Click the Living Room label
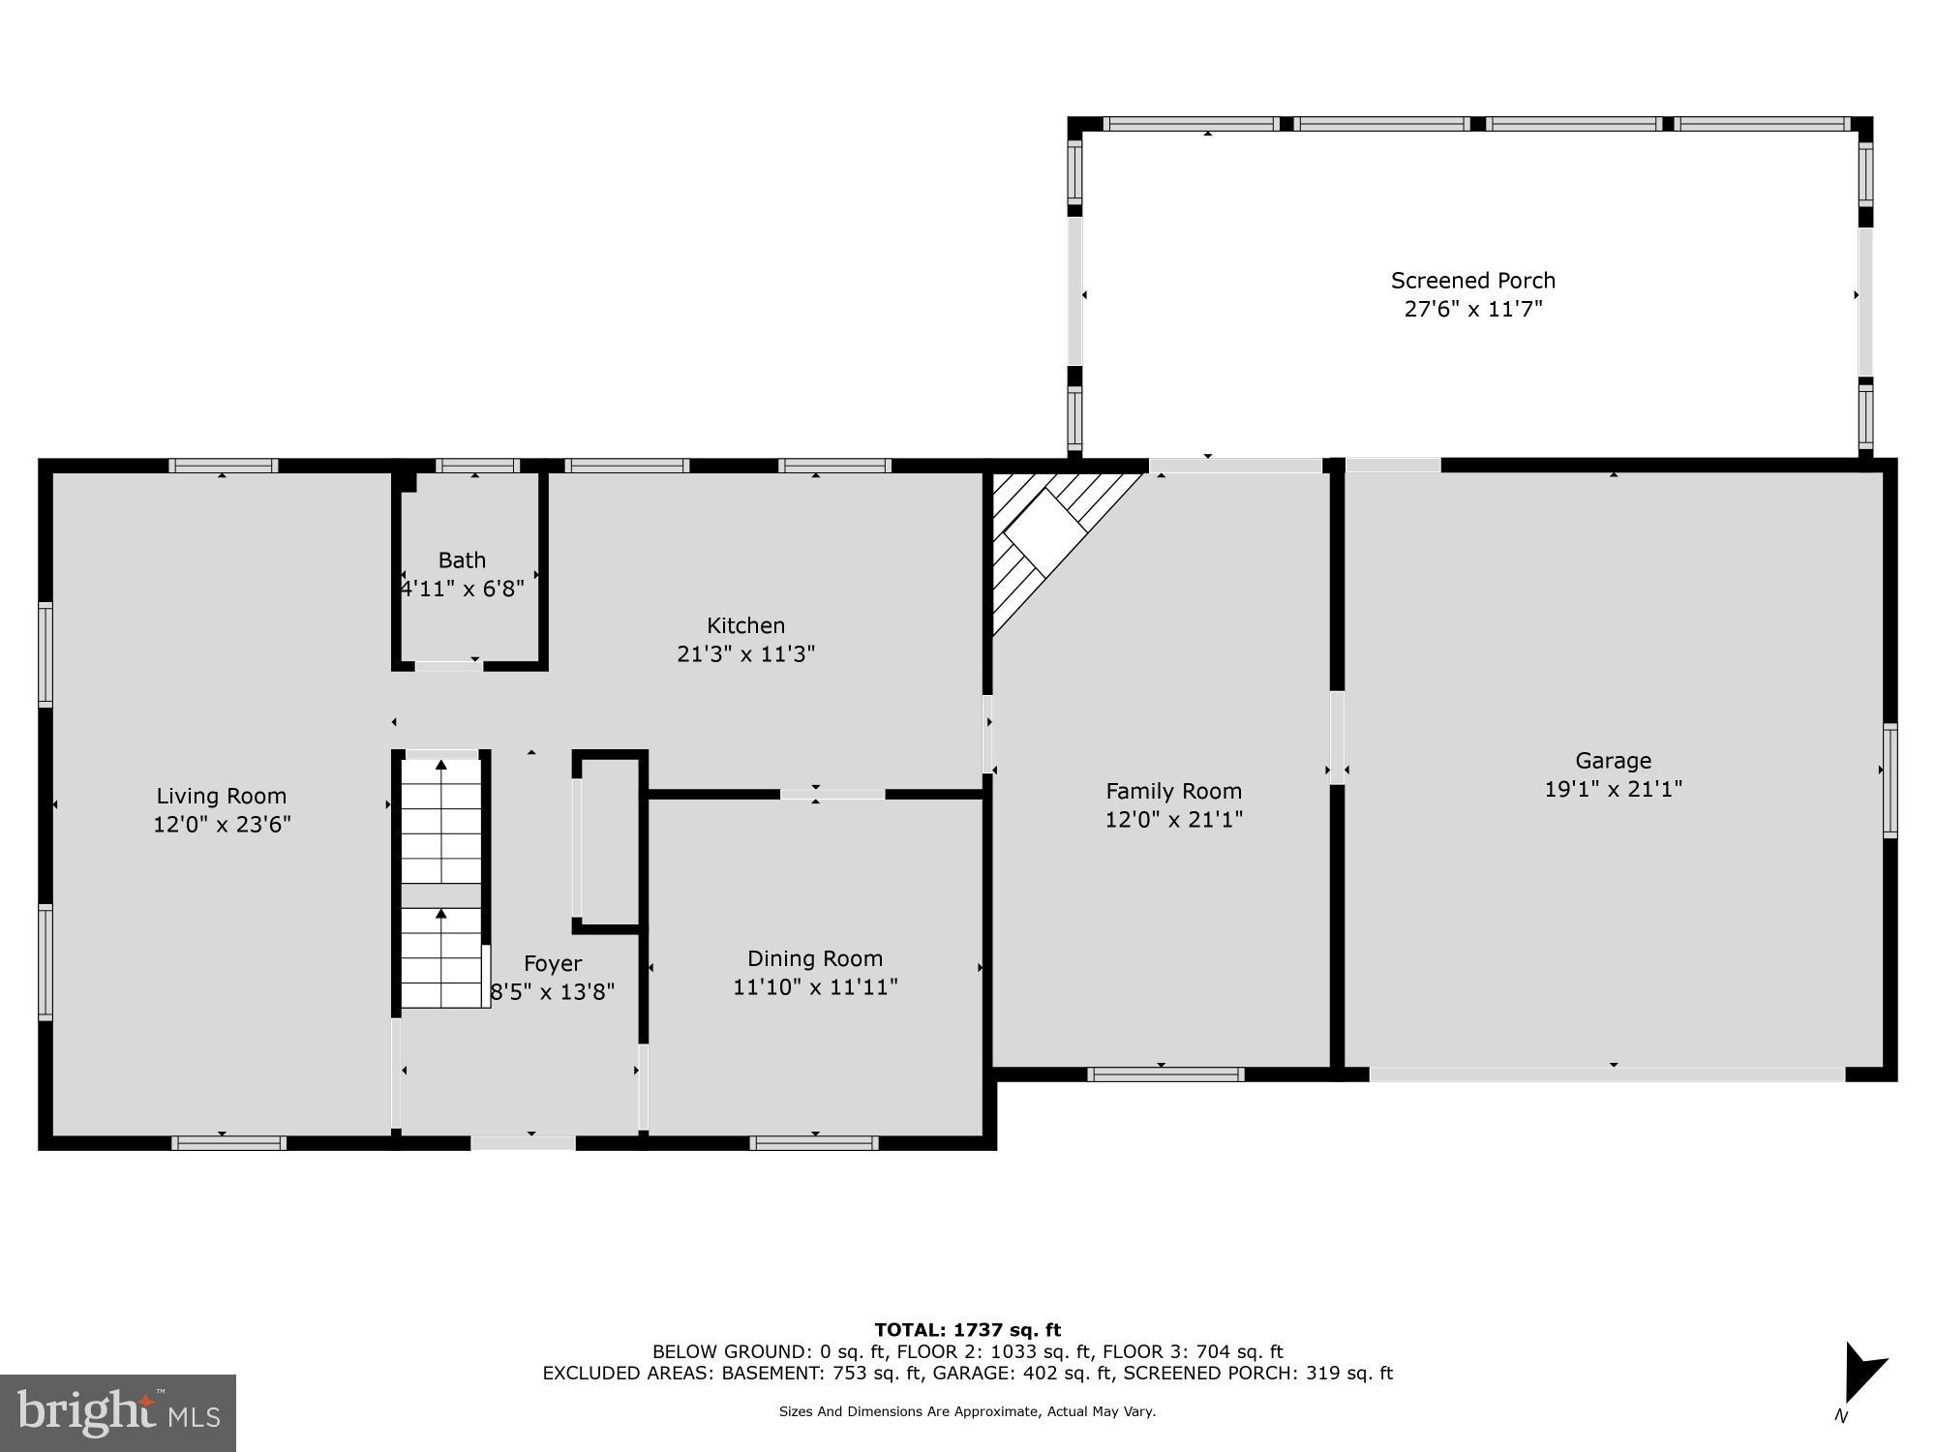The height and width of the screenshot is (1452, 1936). tap(222, 796)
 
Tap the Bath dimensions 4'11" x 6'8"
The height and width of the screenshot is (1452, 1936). tap(463, 589)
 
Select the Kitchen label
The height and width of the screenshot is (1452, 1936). tap(745, 625)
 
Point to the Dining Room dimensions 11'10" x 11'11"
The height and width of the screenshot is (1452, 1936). tap(815, 987)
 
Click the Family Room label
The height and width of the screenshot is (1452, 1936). tap(1173, 791)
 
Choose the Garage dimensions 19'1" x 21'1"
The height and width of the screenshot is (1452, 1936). tap(1613, 789)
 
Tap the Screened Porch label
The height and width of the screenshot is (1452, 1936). tap(1472, 281)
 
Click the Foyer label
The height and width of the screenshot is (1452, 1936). tap(553, 963)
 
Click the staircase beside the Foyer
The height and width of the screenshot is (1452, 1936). tap(441, 881)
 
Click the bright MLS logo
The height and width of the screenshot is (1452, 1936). tap(118, 1413)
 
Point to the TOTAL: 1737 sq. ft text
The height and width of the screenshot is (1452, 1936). tap(967, 1330)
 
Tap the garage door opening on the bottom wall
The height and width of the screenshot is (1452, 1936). tap(1607, 1074)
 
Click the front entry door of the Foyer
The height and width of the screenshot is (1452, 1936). tap(523, 1143)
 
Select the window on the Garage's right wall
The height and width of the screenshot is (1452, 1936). tap(1890, 780)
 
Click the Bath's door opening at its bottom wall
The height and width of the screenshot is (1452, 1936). tap(448, 666)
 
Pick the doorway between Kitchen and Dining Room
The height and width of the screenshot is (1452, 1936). tap(832, 795)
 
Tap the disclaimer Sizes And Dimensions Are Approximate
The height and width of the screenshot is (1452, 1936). tap(967, 1411)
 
